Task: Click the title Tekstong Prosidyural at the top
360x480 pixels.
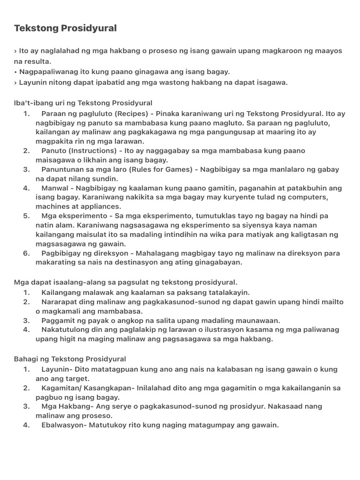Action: click(65, 29)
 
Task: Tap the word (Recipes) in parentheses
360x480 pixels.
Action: click(135, 113)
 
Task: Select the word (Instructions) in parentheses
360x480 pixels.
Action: click(92, 150)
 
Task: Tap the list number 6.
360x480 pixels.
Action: click(26, 253)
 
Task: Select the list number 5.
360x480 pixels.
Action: click(26, 216)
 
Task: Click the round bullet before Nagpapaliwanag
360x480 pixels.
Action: click(15, 71)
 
